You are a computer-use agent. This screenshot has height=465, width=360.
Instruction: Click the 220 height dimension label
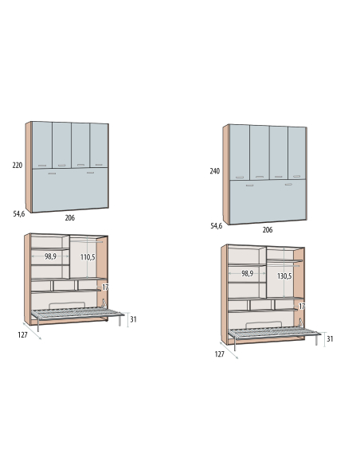[x=18, y=165]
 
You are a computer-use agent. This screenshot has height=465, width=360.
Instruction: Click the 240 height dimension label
[x=215, y=171]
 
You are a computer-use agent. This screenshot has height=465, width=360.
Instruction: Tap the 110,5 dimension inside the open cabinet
[x=88, y=257]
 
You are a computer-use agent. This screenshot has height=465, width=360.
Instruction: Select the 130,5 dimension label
[x=284, y=276]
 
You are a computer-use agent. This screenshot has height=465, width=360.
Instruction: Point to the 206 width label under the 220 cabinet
[x=69, y=218]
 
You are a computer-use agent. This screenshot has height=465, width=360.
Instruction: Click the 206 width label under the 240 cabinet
[x=267, y=230]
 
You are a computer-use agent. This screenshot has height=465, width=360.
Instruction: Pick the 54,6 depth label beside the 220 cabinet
[x=18, y=214]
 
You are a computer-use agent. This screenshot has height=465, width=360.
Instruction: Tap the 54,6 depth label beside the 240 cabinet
[x=216, y=226]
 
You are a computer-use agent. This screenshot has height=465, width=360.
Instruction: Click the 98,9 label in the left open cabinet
[x=50, y=256]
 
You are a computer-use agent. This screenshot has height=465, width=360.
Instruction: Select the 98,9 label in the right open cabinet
[x=248, y=273]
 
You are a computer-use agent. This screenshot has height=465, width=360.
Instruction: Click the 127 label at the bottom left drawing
[x=22, y=334]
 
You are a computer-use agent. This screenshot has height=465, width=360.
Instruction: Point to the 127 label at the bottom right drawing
[x=220, y=354]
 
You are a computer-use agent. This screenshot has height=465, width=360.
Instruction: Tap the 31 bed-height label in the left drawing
[x=133, y=319]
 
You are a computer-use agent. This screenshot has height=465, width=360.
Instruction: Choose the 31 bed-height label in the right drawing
[x=330, y=338]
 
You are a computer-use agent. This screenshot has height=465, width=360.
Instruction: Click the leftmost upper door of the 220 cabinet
[x=42, y=145]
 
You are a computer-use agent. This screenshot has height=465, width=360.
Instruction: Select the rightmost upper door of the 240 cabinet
[x=297, y=154]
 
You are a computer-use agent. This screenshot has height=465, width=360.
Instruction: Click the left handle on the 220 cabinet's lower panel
[x=52, y=174]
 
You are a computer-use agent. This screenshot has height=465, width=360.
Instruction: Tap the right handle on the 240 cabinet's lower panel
[x=288, y=185]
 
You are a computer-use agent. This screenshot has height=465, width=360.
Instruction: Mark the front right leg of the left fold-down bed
[x=119, y=321]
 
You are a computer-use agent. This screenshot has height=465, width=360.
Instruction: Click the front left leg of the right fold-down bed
[x=235, y=344]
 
